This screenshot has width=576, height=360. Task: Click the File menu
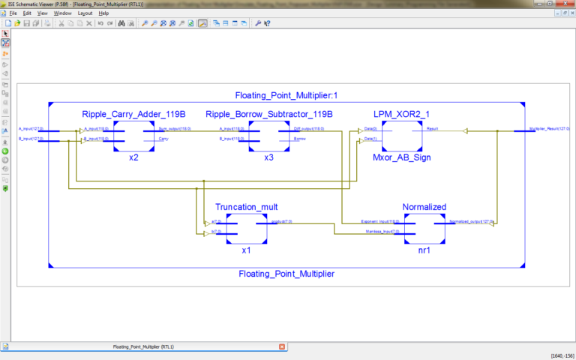tap(13, 13)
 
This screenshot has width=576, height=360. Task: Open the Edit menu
tap(27, 13)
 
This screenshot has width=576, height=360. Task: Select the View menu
tap(43, 13)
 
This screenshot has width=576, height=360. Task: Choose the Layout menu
tap(85, 13)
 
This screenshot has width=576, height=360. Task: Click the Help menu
tap(103, 13)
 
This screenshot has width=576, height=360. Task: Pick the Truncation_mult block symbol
tap(246, 227)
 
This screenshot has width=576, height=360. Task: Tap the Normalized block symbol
tap(424, 227)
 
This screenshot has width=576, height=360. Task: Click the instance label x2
tap(133, 158)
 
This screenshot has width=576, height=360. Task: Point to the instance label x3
tap(268, 158)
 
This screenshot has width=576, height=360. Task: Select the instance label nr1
tap(424, 251)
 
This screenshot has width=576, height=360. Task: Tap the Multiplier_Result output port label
tap(548, 129)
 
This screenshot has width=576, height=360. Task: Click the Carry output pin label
tap(163, 139)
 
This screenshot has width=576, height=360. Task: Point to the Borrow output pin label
tap(299, 139)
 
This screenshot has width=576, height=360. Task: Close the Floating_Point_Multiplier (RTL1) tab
tap(282, 346)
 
